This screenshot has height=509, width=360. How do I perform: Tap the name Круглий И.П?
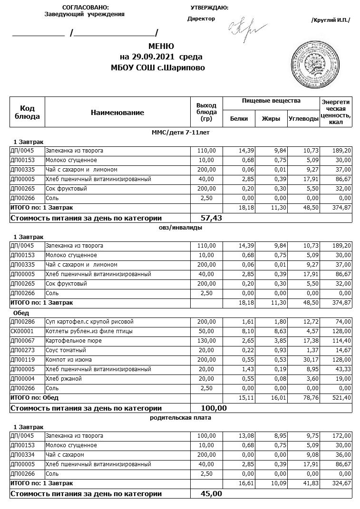330,20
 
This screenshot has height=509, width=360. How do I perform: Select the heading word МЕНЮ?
161,46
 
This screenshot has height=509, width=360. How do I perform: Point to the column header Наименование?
117,113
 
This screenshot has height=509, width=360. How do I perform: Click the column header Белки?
239,119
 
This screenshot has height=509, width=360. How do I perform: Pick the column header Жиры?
271,119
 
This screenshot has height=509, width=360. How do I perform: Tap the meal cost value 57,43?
212,218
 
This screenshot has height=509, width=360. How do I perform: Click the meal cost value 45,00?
212,493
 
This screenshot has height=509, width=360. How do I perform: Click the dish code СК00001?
22,331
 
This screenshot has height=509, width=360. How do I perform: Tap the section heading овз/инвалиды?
180,227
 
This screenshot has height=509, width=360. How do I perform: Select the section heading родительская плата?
180,418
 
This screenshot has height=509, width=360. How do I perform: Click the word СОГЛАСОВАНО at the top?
85,8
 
